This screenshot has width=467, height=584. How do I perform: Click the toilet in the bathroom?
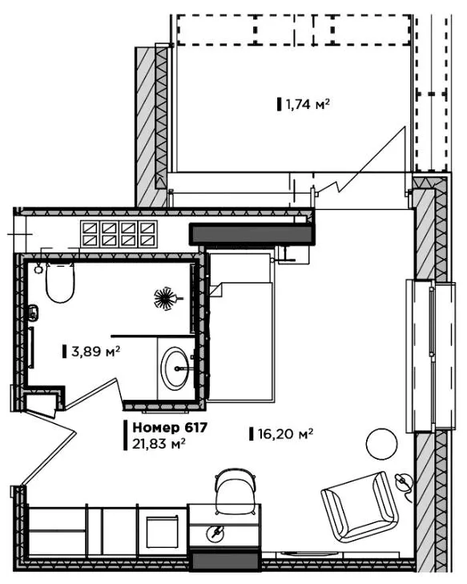[x=60, y=282]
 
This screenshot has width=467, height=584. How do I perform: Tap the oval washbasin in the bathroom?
[x=175, y=368]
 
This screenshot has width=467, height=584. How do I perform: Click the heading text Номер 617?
[x=170, y=428]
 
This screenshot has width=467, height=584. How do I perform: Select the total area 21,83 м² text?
[x=159, y=444]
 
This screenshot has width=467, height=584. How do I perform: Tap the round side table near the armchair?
[x=382, y=444]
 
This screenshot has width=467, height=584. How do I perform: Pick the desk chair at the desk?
[x=236, y=491]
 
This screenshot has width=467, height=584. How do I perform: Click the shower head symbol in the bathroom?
[x=166, y=298]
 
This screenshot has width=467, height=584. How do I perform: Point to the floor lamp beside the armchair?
[x=404, y=483]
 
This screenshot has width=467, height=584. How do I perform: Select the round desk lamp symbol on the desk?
[x=217, y=533]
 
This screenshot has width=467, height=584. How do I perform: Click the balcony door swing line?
[x=361, y=160]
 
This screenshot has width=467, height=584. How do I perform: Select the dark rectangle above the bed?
[x=252, y=234]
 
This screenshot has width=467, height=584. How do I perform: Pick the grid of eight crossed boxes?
[x=119, y=234]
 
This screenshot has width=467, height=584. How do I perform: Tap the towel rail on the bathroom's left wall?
[x=32, y=348]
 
